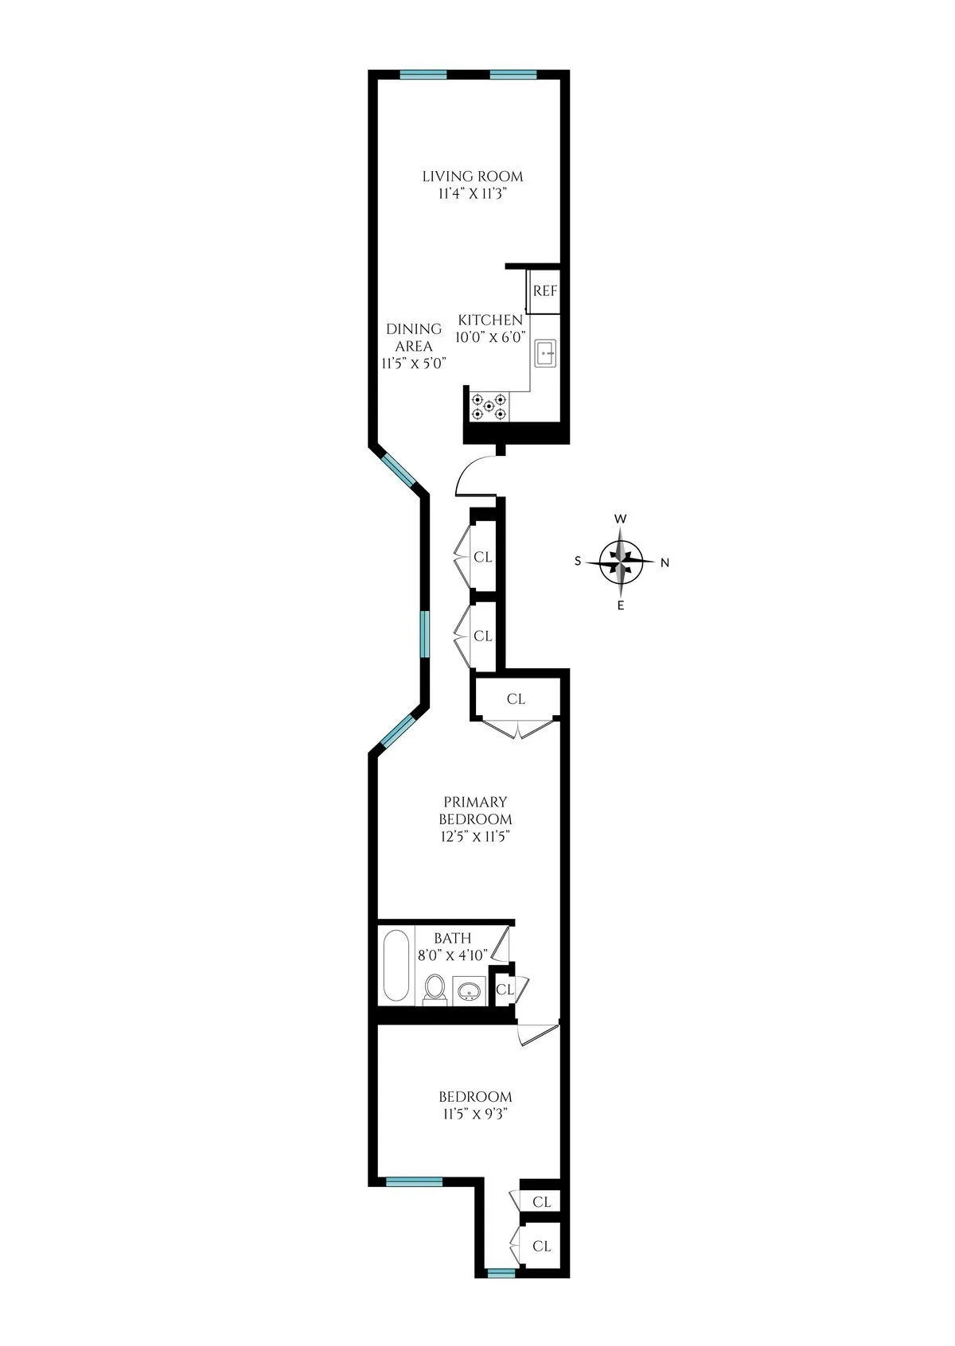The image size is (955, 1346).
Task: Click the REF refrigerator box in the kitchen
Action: pyautogui.click(x=545, y=291)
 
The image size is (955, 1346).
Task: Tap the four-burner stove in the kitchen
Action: pyautogui.click(x=489, y=407)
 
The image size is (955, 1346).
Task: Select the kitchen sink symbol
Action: pyautogui.click(x=546, y=352)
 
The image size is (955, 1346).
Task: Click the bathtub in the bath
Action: pyautogui.click(x=396, y=967)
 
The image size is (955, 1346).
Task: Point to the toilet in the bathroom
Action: pyautogui.click(x=435, y=989)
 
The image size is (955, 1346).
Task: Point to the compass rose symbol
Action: pyautogui.click(x=622, y=562)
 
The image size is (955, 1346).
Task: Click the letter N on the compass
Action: pyautogui.click(x=665, y=563)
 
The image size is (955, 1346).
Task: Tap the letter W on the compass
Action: pyautogui.click(x=622, y=519)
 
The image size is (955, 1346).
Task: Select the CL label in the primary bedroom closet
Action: pyautogui.click(x=516, y=699)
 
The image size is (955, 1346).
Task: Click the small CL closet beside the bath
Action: pyautogui.click(x=505, y=990)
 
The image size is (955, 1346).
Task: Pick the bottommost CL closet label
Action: pyautogui.click(x=542, y=1246)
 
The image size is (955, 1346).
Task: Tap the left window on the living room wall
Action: pyautogui.click(x=423, y=75)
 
